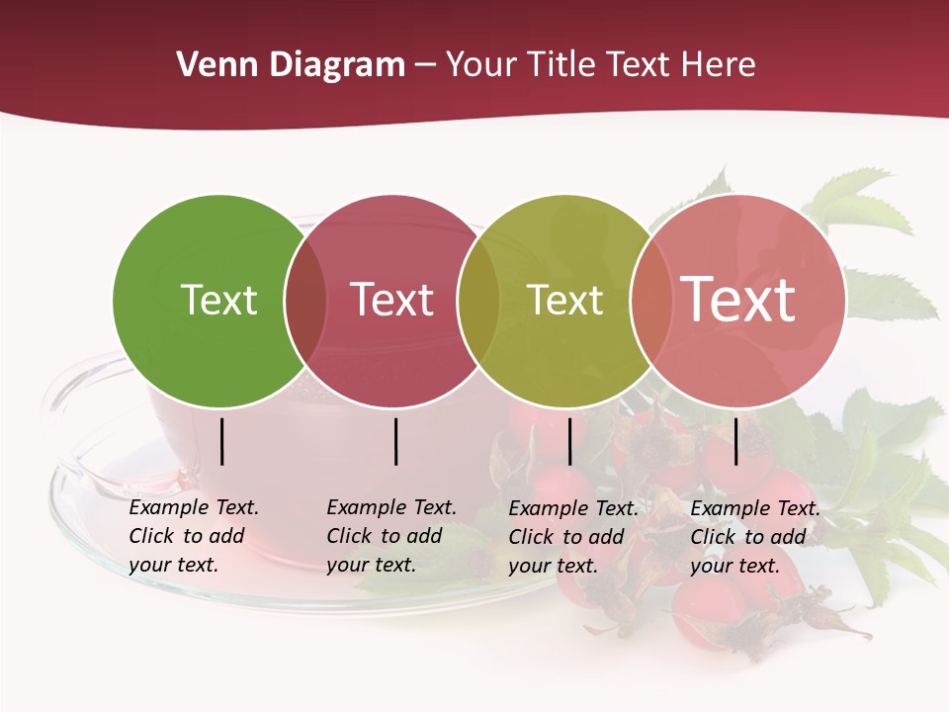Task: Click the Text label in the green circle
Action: pos(218,300)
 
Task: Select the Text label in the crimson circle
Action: pos(391,300)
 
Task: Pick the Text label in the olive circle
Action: pos(564,300)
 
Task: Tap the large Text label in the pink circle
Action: pos(738,300)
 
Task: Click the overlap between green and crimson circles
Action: pos(305,301)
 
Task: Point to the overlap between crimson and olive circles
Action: pos(478,301)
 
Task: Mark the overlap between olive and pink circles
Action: pos(651,301)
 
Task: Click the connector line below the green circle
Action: pos(222,441)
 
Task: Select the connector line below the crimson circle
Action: pos(395,441)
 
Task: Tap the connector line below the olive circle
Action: pos(569,441)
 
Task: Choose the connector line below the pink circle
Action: pos(735,441)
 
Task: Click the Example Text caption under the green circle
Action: pos(194,536)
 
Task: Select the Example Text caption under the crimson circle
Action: pos(391,536)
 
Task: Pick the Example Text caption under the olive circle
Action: pos(573,536)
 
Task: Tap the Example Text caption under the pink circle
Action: pos(755,536)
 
